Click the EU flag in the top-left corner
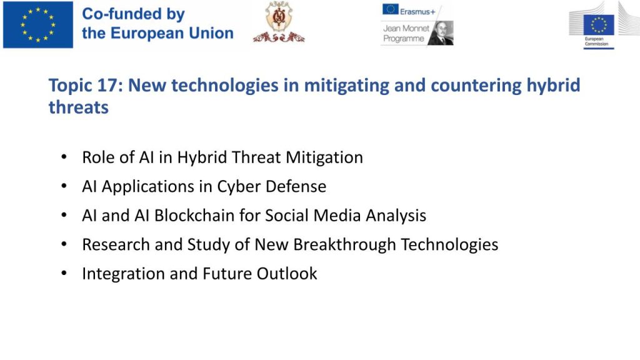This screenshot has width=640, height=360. coord(38,24)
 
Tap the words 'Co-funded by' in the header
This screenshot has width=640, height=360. coord(134,14)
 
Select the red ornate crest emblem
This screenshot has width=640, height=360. coord(279,22)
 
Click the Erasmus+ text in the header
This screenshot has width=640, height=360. coord(417,12)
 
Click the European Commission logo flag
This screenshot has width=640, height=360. coord(599,25)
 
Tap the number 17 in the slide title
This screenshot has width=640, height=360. coord(110,85)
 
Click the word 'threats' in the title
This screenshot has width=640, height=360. coord(79,107)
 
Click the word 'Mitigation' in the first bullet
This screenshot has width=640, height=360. coord(324,157)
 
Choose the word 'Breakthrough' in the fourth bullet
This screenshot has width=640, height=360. coord(344,245)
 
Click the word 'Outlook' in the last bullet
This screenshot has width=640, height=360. coord(286,274)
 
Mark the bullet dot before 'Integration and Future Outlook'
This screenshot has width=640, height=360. coord(64,273)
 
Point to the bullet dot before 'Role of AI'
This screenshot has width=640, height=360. coord(64,157)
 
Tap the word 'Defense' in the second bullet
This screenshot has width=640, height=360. coord(296,186)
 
